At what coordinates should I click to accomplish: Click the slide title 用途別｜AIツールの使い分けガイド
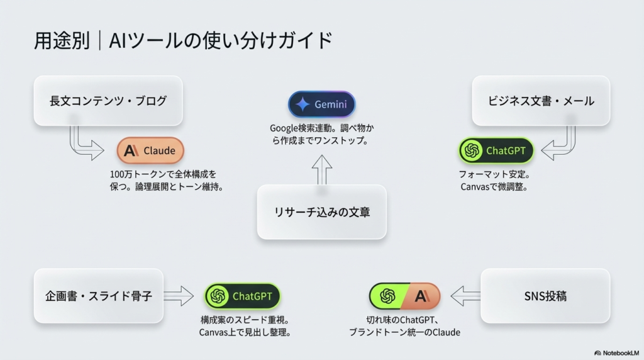pyautogui.click(x=183, y=41)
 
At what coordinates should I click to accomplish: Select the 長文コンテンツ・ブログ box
pyautogui.click(x=108, y=101)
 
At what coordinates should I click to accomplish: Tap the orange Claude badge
pyautogui.click(x=150, y=150)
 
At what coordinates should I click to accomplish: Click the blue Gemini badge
pyautogui.click(x=321, y=104)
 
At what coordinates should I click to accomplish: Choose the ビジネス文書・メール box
pyautogui.click(x=541, y=101)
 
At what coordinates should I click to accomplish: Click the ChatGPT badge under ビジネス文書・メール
pyautogui.click(x=496, y=150)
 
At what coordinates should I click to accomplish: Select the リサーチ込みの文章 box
pyautogui.click(x=321, y=212)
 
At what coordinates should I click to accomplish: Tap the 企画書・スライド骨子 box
pyautogui.click(x=99, y=296)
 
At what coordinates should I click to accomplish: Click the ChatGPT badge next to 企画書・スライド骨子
pyautogui.click(x=242, y=296)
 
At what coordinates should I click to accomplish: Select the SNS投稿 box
pyautogui.click(x=545, y=296)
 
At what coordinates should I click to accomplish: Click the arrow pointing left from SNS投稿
pyautogui.click(x=465, y=296)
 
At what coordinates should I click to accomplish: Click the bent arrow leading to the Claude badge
pyautogui.click(x=85, y=145)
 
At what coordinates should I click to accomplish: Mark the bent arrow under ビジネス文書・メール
pyautogui.click(x=561, y=145)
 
